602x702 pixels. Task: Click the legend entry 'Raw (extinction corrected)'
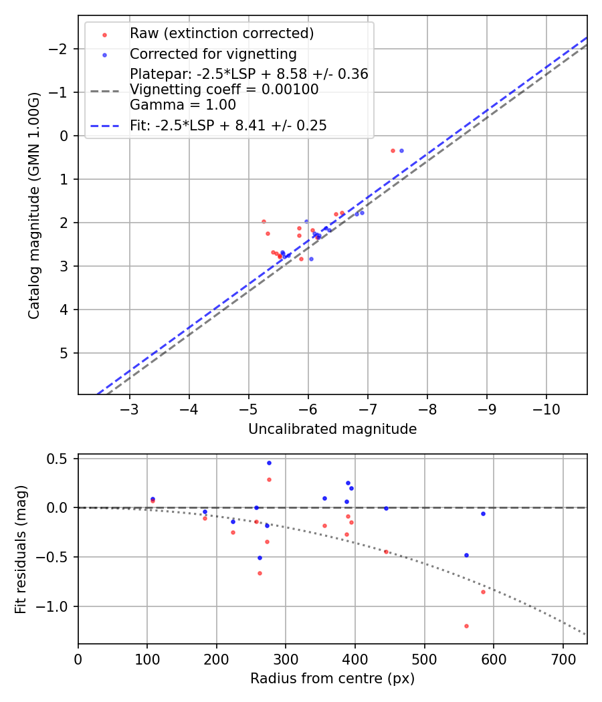221,33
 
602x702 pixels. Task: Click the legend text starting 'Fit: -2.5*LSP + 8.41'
228,126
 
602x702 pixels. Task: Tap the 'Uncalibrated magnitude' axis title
332,429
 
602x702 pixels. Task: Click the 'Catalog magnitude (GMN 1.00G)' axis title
34,206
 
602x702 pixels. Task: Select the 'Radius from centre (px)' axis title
332,679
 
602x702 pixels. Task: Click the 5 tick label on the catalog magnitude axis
66,353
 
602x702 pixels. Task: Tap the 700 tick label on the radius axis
563,659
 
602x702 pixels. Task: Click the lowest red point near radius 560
466,626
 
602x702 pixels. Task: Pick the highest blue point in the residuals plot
269,463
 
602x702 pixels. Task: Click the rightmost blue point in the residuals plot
483,513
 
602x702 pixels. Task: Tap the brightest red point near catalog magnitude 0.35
393,150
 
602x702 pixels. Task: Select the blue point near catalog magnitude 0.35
401,150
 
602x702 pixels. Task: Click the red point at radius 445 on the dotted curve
386,552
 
